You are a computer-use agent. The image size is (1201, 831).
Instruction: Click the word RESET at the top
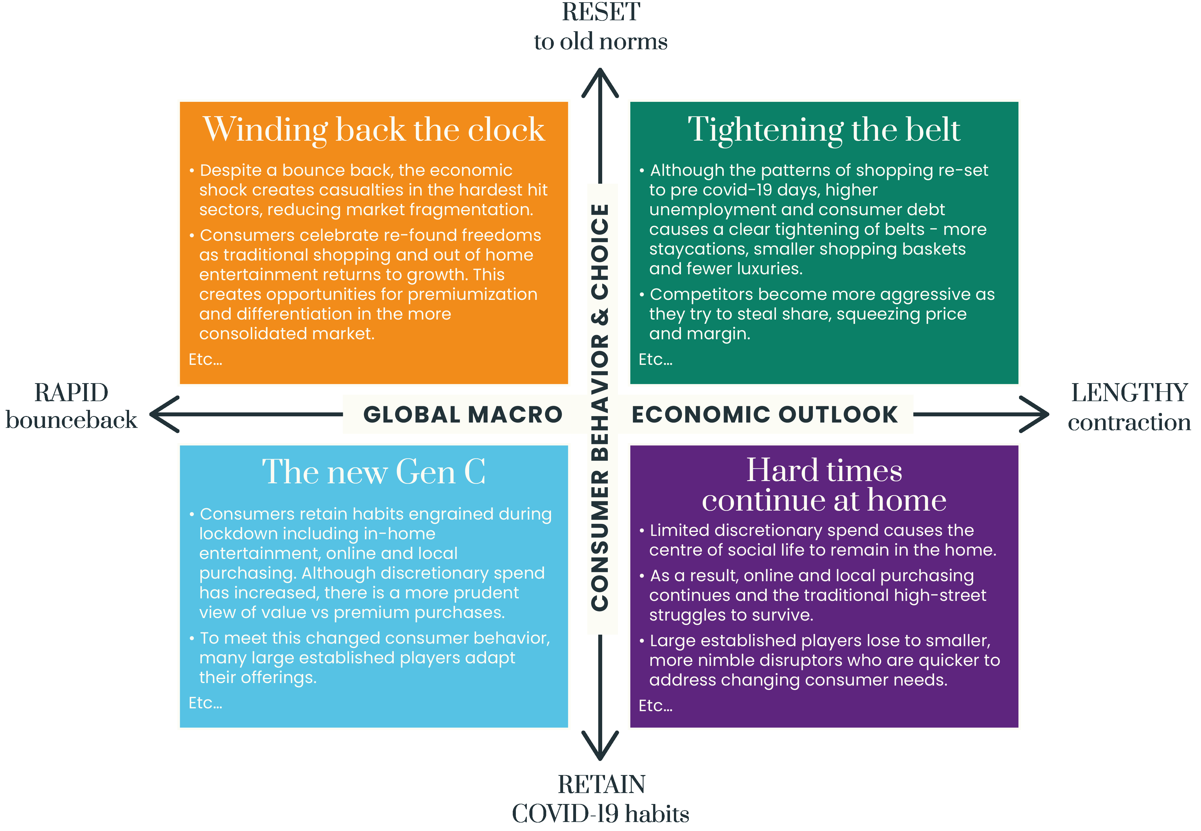click(x=601, y=12)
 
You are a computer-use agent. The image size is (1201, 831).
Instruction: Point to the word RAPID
click(x=71, y=393)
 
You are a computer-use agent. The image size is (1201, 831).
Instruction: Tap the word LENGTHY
click(x=1129, y=393)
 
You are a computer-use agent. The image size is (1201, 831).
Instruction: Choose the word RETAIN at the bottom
click(x=601, y=785)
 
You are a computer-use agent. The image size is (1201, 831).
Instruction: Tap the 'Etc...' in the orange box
click(x=205, y=359)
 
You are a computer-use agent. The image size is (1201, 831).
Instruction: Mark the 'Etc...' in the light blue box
click(x=205, y=703)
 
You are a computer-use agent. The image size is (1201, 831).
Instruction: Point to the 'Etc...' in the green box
click(x=655, y=359)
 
